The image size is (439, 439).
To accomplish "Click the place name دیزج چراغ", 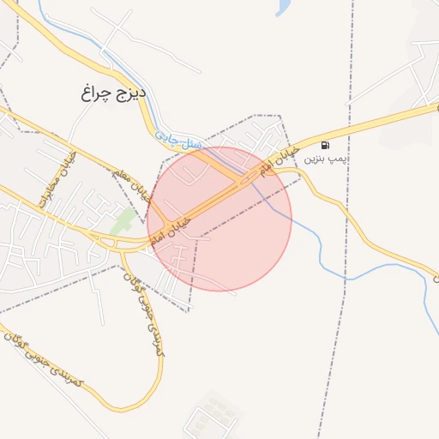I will [114, 92].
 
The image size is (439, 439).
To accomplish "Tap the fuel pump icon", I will [325, 144].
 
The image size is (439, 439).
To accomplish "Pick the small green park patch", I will [123, 219].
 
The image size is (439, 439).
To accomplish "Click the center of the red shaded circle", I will [219, 219].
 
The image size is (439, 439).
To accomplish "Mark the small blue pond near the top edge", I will [282, 8].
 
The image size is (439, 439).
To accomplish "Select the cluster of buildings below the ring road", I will [210, 415].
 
